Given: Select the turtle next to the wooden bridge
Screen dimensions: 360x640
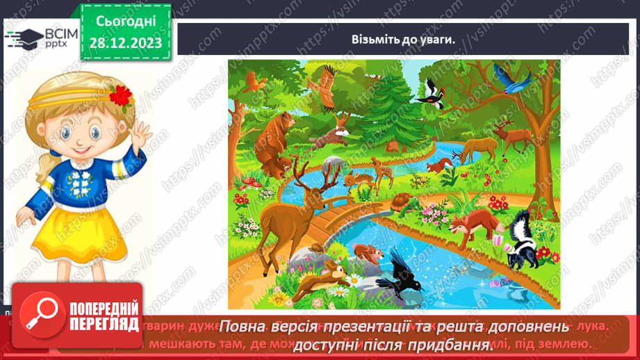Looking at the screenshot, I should (402, 203).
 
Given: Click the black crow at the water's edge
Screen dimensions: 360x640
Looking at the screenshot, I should (394, 273).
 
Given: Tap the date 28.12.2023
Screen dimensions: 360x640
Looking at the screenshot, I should (126, 43).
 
